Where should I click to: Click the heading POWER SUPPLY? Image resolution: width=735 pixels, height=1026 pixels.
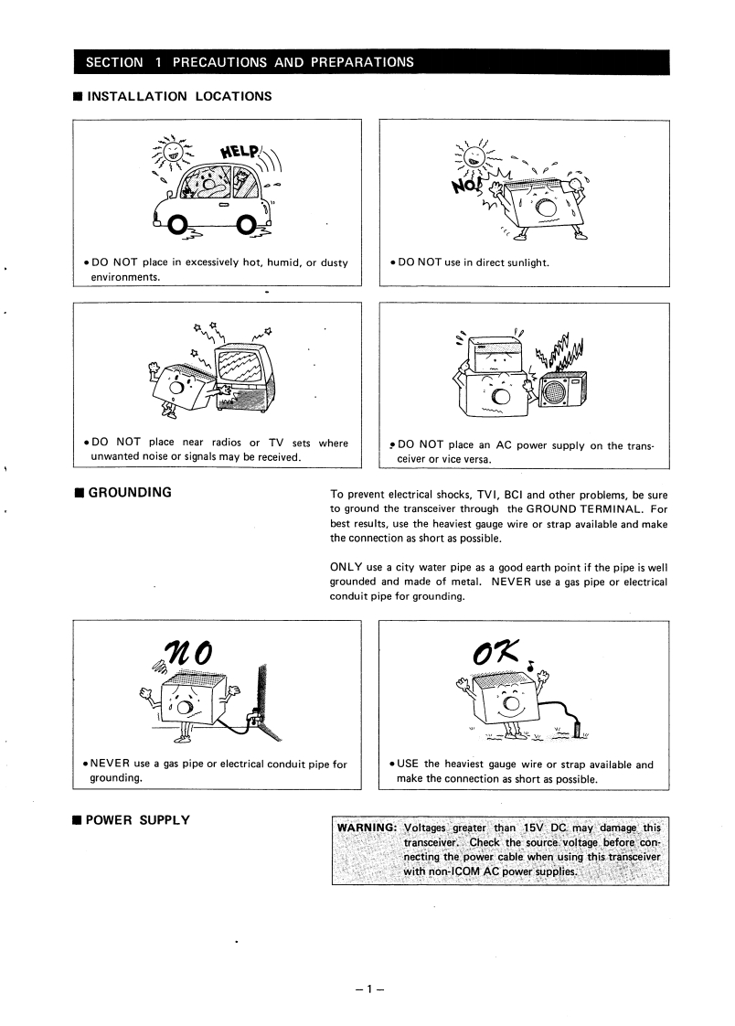[x=137, y=819]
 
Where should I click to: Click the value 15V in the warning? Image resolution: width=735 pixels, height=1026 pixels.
[x=532, y=828]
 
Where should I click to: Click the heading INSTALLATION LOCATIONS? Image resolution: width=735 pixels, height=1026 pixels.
[x=178, y=95]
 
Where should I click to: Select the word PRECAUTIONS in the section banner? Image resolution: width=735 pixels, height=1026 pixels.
[x=219, y=62]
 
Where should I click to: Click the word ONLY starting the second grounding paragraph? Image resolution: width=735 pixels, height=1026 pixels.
[x=346, y=568]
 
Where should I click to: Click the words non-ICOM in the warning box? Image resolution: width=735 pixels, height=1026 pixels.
[x=433, y=871]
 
